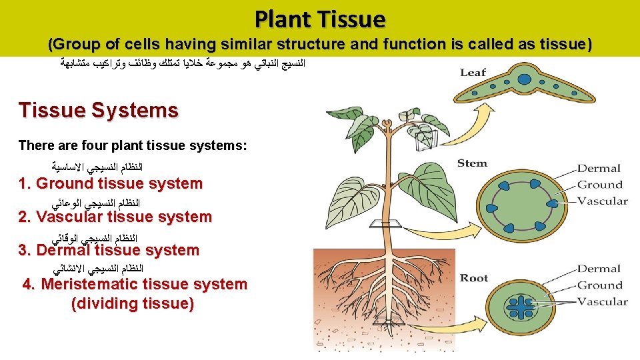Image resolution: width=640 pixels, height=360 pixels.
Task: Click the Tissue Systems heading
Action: tap(99, 110)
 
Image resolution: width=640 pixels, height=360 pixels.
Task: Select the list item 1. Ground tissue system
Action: tap(111, 183)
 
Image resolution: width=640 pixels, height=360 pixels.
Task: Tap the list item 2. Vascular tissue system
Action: tap(115, 217)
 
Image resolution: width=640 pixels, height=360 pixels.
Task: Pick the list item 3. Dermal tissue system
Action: tap(109, 250)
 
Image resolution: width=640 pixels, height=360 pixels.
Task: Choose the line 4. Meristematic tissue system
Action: tap(135, 284)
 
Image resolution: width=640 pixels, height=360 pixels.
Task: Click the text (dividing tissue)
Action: tap(133, 304)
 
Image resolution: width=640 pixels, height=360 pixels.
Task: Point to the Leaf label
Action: tap(473, 72)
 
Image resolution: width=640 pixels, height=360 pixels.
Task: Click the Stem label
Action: tap(472, 163)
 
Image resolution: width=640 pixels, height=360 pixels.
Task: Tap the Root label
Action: tap(474, 278)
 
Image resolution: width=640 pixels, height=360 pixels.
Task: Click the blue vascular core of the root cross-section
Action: tap(526, 305)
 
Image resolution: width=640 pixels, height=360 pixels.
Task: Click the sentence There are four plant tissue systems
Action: tap(133, 145)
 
